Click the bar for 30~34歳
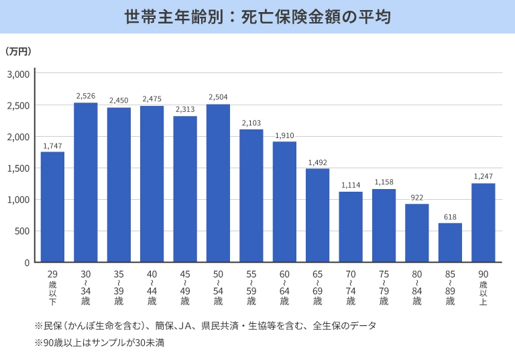pyautogui.click(x=86, y=182)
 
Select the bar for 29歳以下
pyautogui.click(x=52, y=206)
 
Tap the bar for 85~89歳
pyautogui.click(x=450, y=242)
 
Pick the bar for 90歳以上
pyautogui.click(x=483, y=223)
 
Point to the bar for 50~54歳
pyautogui.click(x=218, y=183)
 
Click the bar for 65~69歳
pyautogui.click(x=317, y=215)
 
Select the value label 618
pyautogui.click(x=450, y=217)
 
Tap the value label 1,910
pyautogui.click(x=284, y=135)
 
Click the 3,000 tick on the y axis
pyautogui.click(x=18, y=74)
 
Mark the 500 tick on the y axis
pyautogui.click(x=22, y=231)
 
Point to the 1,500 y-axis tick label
pyautogui.click(x=18, y=168)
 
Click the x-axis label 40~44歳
pyautogui.click(x=152, y=288)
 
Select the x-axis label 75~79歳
pyautogui.click(x=384, y=288)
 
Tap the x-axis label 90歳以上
pyautogui.click(x=483, y=288)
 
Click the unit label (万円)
pyautogui.click(x=18, y=51)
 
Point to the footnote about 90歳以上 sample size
pyautogui.click(x=99, y=343)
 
